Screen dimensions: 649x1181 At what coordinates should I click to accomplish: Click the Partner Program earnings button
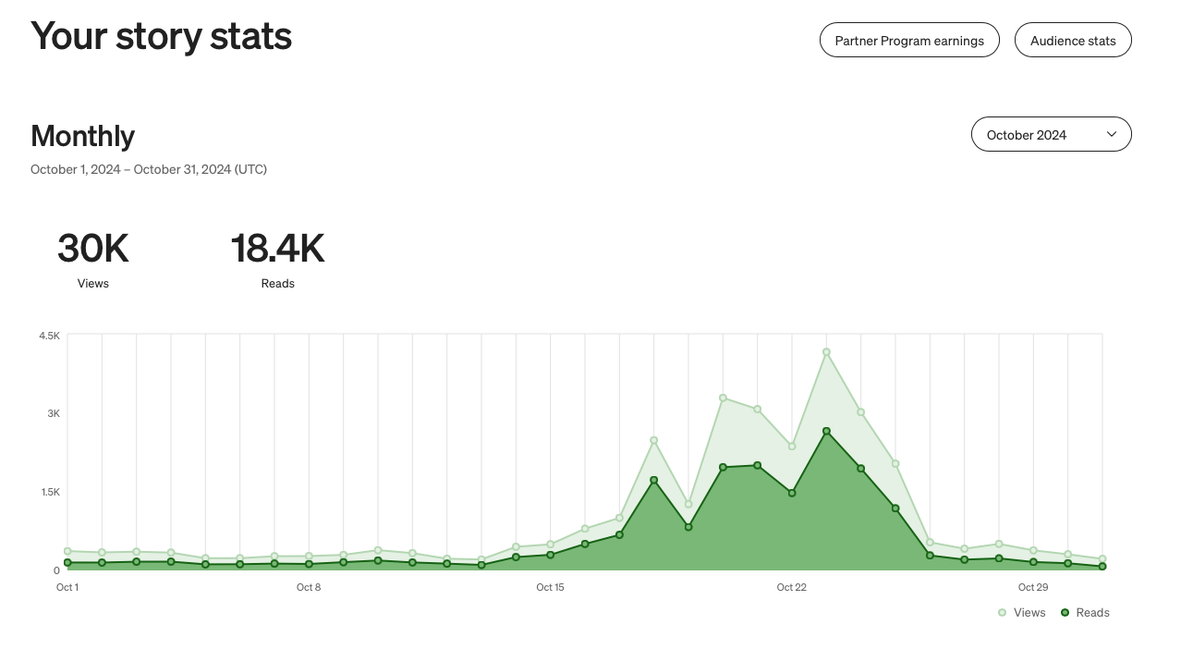click(909, 41)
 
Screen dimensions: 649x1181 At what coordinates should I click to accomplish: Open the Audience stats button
click(1073, 41)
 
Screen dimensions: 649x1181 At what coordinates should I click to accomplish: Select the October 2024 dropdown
click(1051, 135)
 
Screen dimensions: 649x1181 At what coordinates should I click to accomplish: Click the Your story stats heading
click(162, 36)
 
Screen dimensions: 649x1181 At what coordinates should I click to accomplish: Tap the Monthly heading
click(83, 136)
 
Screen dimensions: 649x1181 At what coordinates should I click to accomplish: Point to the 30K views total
click(92, 249)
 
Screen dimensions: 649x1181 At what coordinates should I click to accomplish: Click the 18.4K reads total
click(277, 249)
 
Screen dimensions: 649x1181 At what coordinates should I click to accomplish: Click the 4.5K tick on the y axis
click(50, 336)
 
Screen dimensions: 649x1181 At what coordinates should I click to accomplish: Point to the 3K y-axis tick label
click(54, 413)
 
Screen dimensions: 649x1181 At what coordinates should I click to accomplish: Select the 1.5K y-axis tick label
click(50, 492)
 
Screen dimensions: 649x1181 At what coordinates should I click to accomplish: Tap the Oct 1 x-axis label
click(67, 587)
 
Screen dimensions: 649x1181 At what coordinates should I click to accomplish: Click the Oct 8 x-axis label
click(309, 587)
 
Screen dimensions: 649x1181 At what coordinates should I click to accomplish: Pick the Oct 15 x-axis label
click(550, 587)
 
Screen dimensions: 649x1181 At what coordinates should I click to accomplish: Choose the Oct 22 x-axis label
click(791, 587)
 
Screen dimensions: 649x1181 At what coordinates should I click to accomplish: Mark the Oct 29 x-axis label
click(1033, 587)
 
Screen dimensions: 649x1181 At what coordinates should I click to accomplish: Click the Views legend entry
click(1022, 613)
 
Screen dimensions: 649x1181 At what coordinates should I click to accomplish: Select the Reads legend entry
click(1086, 613)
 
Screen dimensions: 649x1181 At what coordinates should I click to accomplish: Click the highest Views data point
click(826, 352)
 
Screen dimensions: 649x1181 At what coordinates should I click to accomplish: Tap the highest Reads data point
click(826, 432)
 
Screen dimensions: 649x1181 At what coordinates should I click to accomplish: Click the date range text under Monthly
click(149, 169)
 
